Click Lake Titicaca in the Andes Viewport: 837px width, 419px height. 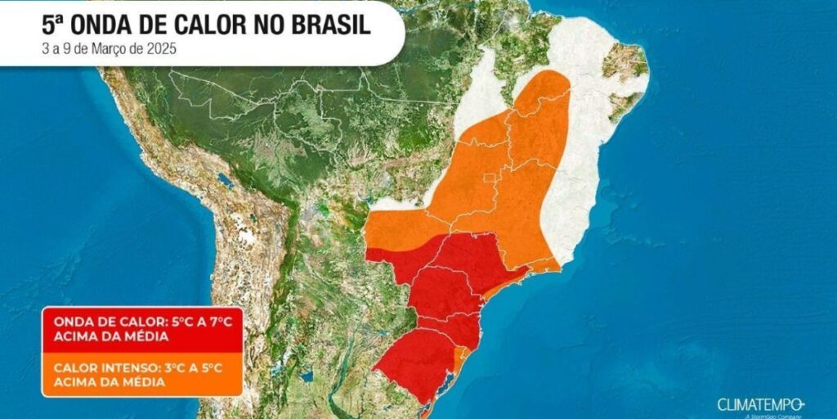pos(226,181)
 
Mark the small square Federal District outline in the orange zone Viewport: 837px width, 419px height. pos(490,178)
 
